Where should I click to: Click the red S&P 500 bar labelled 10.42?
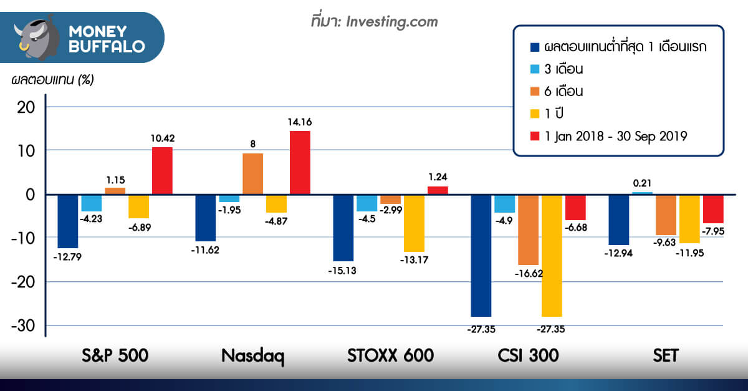pos(162,170)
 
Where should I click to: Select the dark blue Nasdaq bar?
pos(206,218)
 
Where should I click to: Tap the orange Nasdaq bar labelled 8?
pos(252,173)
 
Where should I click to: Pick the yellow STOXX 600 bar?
pos(414,223)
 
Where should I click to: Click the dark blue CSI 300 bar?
pos(481,255)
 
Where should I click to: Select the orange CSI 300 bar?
pos(528,229)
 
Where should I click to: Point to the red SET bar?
pos(713,208)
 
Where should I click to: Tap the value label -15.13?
pos(343,271)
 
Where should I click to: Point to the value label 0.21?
pos(642,183)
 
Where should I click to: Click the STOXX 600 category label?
pos(390,356)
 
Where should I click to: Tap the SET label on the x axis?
pos(666,356)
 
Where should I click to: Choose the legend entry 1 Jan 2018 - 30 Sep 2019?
pos(615,136)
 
